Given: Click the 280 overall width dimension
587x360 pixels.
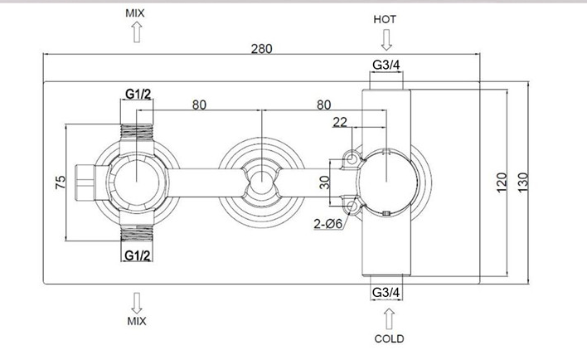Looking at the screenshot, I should click(x=261, y=48).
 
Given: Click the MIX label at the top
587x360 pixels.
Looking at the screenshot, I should click(x=136, y=14).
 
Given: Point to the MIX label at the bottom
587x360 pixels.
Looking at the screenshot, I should click(x=136, y=319).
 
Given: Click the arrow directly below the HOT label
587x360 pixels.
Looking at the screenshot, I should click(x=386, y=38).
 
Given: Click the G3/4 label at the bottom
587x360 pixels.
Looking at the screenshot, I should click(x=386, y=292).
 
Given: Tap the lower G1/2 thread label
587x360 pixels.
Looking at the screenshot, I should click(x=138, y=255).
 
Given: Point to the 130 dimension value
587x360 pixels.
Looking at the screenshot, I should click(x=522, y=182).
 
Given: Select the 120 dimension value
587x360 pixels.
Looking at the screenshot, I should click(x=501, y=182).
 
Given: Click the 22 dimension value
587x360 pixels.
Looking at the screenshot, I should click(x=340, y=122).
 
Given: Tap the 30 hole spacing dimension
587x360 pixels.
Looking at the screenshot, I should click(x=324, y=181).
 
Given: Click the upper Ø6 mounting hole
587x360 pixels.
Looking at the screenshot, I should click(x=352, y=156).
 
